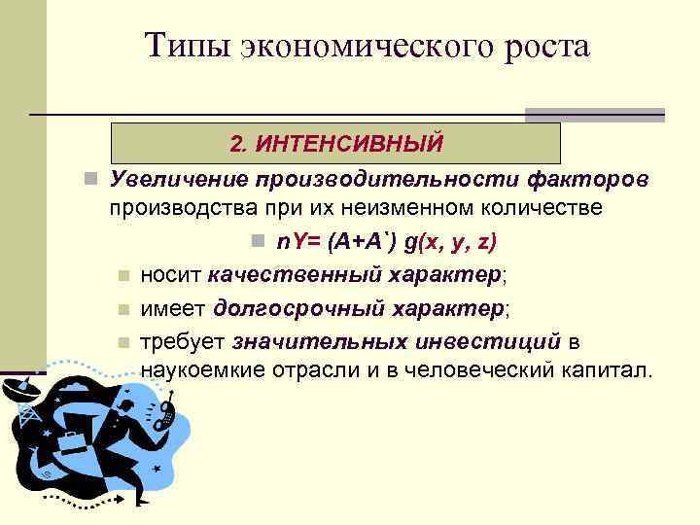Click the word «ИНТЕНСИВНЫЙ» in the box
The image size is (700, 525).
coord(354,144)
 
